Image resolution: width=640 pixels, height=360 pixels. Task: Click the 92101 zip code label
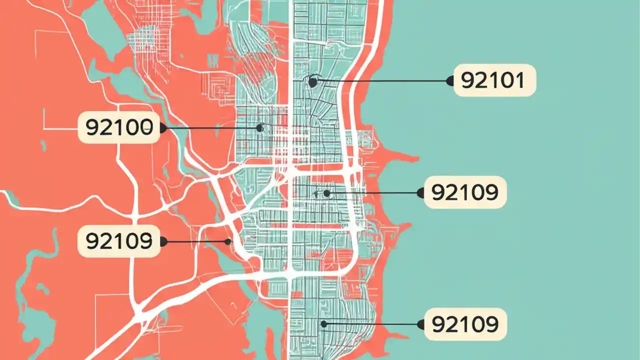tap(494, 80)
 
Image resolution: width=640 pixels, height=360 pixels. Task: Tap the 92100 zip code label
tap(118, 128)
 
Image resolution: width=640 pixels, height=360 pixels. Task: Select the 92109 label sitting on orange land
tap(118, 241)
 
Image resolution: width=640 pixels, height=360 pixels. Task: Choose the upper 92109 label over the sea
tap(465, 192)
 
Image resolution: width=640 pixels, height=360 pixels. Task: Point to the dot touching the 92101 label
tap(450, 80)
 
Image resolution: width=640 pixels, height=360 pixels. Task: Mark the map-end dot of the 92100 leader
tap(259, 128)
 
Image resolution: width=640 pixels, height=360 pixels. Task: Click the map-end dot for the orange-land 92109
tap(228, 242)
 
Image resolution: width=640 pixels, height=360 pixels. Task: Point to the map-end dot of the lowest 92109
tap(323, 324)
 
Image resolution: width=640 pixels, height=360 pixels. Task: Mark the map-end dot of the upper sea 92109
tap(326, 192)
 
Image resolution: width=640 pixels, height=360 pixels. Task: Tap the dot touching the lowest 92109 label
tap(420, 324)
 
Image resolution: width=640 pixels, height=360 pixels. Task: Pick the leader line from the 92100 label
tap(210, 128)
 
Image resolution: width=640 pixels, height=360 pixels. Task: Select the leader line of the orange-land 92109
tap(195, 242)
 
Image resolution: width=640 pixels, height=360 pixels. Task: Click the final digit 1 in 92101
tap(521, 80)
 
